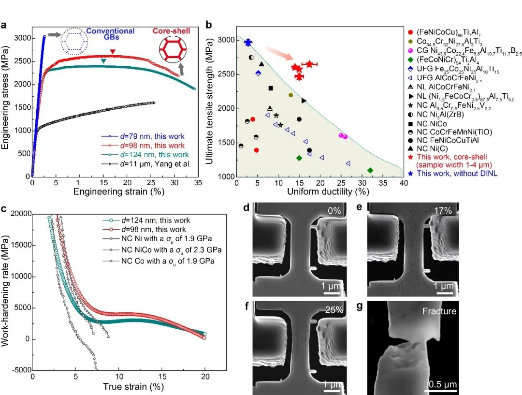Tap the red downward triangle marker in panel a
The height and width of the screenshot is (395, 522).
click(113, 52)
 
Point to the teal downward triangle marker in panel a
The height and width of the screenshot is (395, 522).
click(103, 61)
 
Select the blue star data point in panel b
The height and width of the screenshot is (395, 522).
click(248, 43)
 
